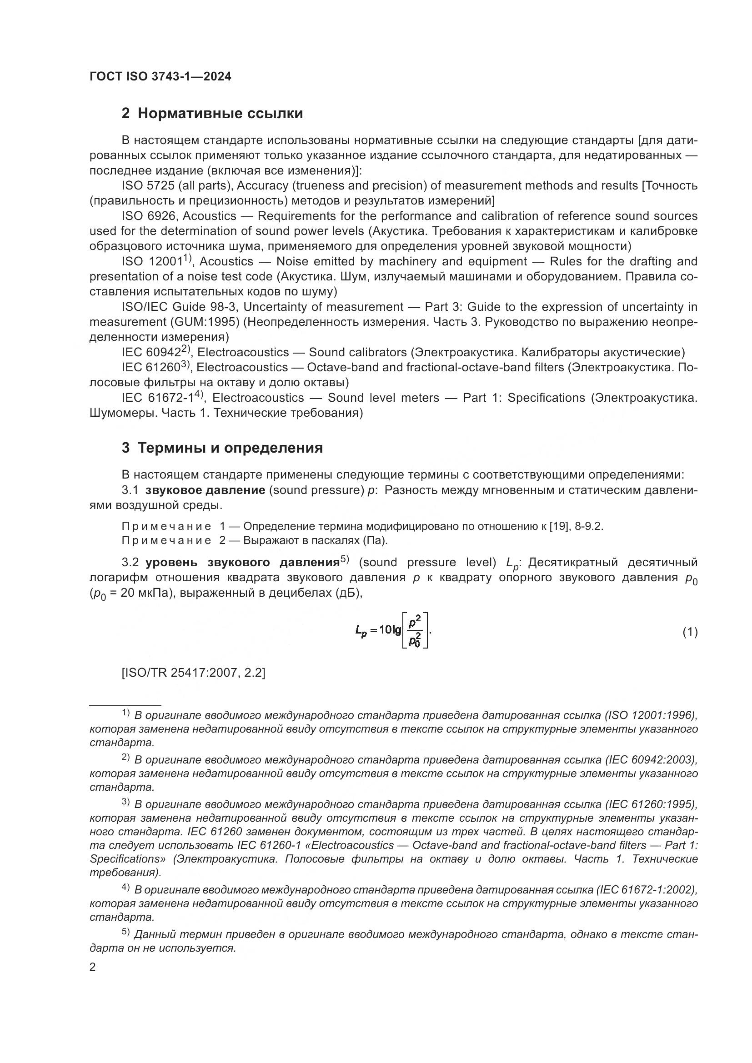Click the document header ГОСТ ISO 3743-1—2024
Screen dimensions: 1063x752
[160, 77]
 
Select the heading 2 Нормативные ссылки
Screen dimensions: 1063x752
[212, 114]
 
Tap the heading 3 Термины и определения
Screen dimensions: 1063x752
[222, 448]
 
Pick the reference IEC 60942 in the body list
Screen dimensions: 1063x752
[153, 353]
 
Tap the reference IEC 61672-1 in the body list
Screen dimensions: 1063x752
[160, 398]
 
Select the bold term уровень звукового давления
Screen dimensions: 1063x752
[243, 563]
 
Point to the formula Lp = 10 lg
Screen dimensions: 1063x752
[393, 629]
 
